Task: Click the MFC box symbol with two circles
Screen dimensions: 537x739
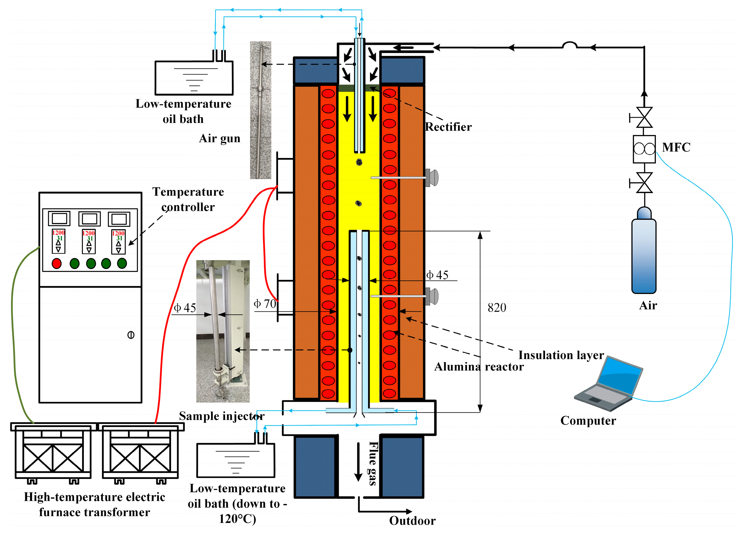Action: pos(644,149)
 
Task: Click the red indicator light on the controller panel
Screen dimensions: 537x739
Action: pos(57,263)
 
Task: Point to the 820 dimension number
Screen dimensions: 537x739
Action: pos(497,308)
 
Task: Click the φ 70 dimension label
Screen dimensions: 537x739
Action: pos(265,304)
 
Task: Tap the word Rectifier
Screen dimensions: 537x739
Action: pos(448,127)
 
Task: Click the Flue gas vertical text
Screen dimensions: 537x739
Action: pos(373,463)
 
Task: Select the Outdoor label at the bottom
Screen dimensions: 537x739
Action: pos(412,521)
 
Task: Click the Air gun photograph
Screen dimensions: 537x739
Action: pos(260,110)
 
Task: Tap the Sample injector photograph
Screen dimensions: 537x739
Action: pos(223,331)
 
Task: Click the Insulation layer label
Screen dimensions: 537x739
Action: pos(561,355)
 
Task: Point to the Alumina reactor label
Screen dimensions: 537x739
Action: pos(479,367)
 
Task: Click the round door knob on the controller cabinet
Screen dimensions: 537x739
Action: pos(131,335)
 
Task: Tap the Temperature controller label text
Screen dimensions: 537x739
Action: pos(188,199)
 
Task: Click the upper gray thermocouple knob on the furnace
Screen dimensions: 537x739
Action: pos(432,178)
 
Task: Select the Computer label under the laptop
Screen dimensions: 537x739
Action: pos(588,420)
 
